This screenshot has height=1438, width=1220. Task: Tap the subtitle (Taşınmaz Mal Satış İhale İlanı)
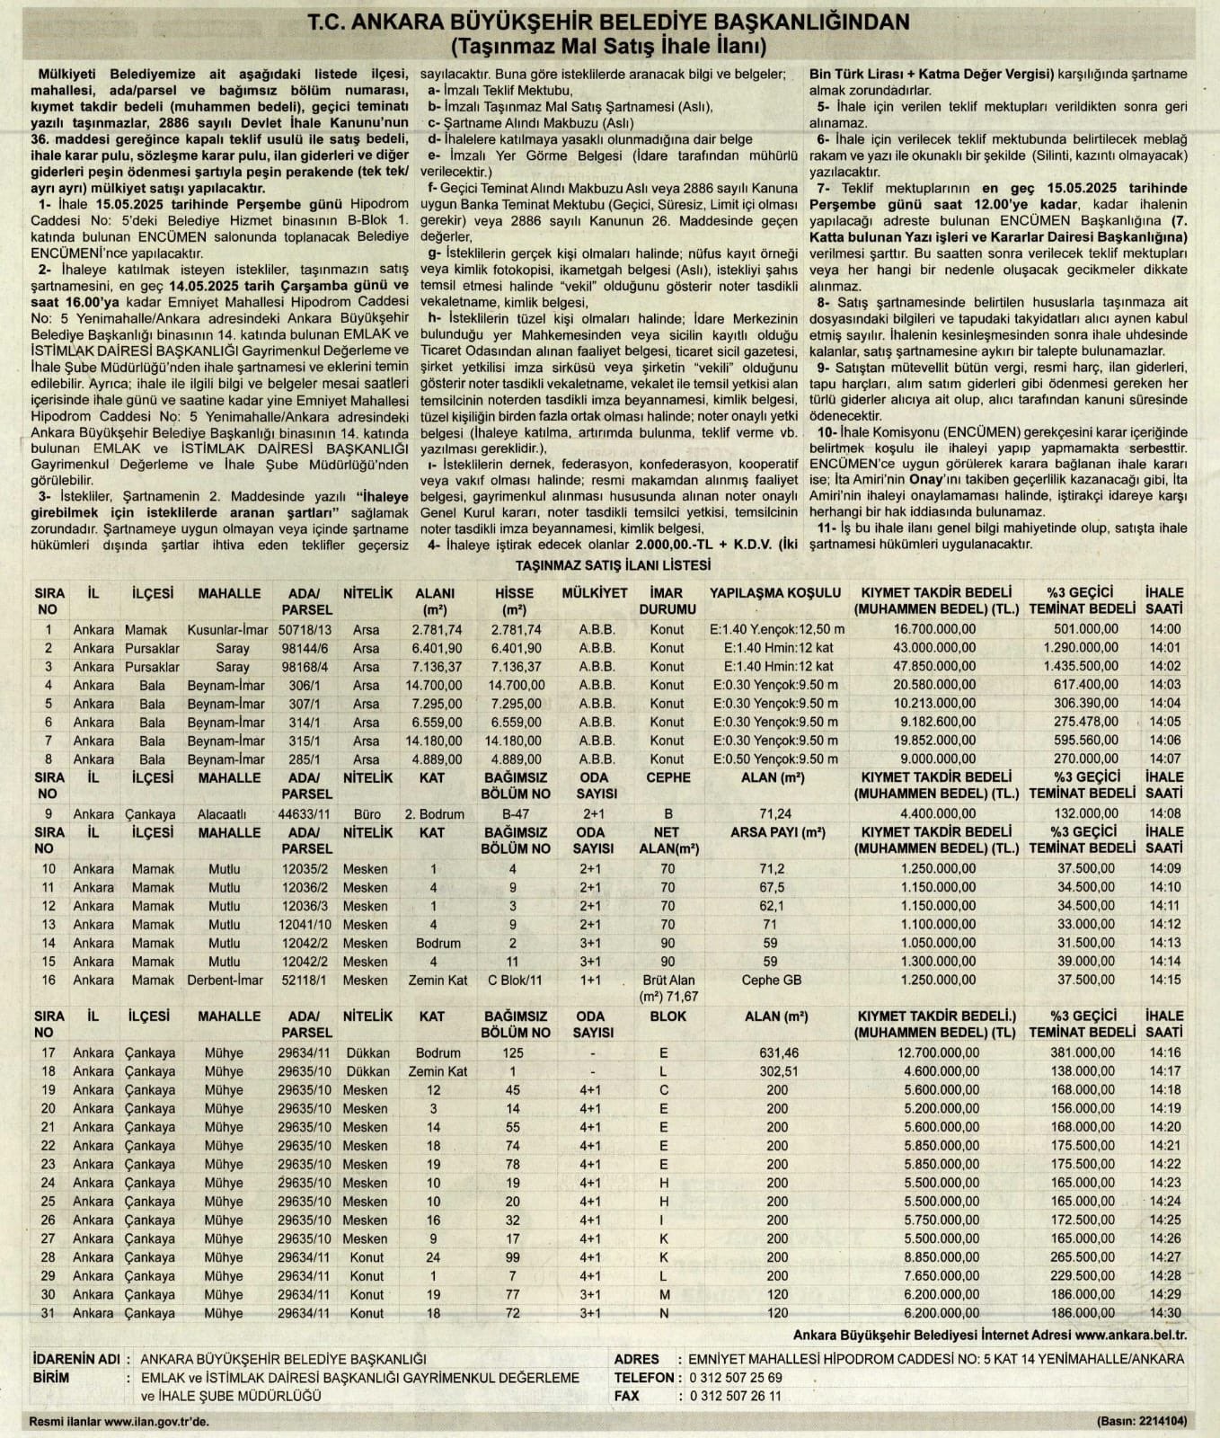click(x=610, y=45)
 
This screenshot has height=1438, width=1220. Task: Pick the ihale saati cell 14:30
click(x=1164, y=1313)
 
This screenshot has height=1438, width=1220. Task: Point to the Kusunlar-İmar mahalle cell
click(x=227, y=630)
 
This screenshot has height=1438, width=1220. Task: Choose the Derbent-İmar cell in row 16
click(x=226, y=980)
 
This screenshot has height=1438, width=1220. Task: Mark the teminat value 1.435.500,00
click(x=1081, y=667)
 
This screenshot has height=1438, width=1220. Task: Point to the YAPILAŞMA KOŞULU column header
click(x=775, y=593)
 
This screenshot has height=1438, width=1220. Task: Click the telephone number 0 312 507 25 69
click(x=736, y=1378)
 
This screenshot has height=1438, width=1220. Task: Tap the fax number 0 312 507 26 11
click(x=736, y=1396)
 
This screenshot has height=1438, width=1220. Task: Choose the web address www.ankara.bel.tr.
click(x=1130, y=1336)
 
